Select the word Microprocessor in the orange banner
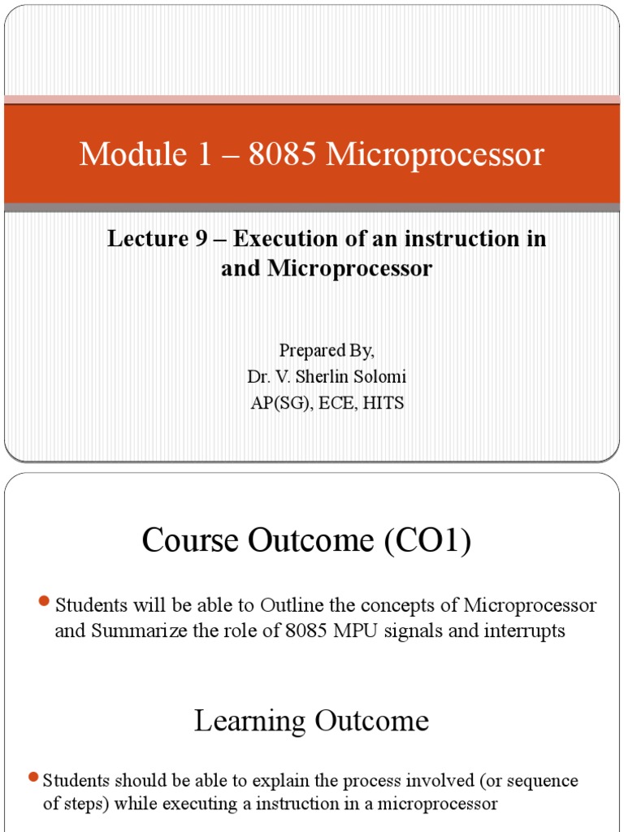[x=435, y=154]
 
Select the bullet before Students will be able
[x=45, y=601]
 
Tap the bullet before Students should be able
[x=33, y=778]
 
